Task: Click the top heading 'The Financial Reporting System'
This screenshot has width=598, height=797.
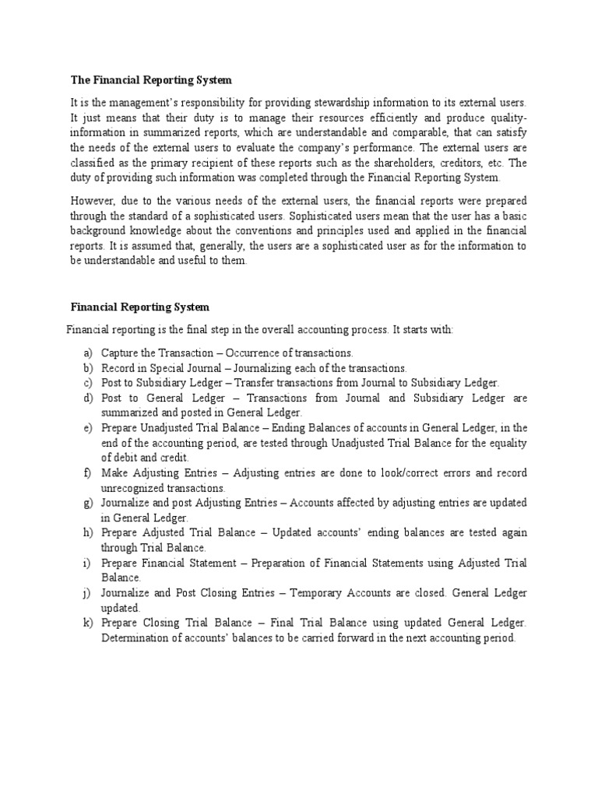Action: click(x=151, y=80)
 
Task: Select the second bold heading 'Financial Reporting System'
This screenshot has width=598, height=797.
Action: click(x=140, y=307)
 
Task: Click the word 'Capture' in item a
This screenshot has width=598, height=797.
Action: click(x=118, y=353)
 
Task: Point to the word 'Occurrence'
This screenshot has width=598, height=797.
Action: click(x=255, y=353)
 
